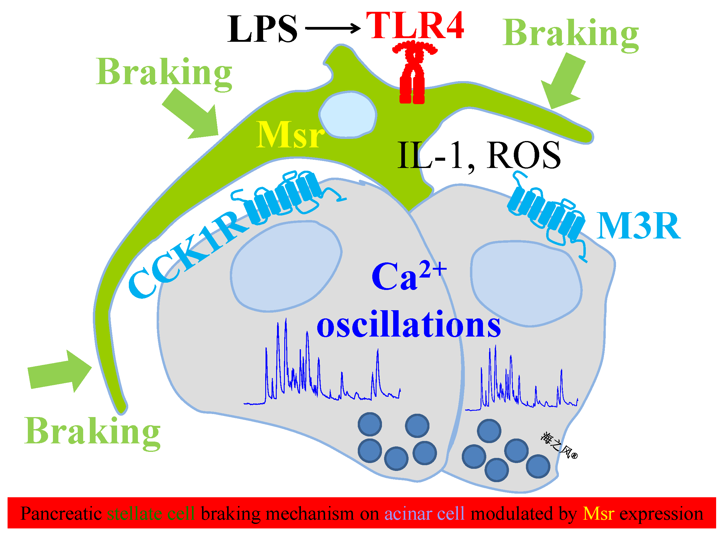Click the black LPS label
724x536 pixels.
262,29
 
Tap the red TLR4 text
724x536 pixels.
415,26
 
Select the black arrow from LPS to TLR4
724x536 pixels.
333,28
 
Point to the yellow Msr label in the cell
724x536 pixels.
289,135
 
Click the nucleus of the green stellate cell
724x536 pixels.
347,114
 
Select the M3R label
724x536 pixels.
638,226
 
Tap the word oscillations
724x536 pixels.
409,324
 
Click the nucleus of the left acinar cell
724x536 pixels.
285,266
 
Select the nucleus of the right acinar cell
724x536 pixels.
525,284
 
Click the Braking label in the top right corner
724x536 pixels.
571,34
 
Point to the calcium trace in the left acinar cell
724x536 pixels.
321,373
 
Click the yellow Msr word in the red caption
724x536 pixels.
598,514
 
